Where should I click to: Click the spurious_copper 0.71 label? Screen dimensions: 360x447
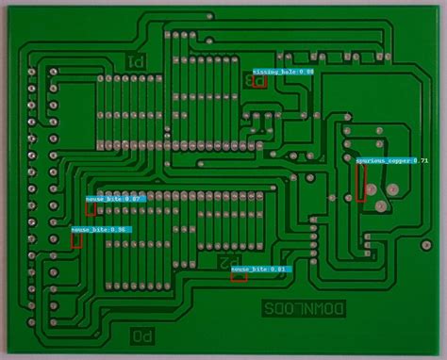(x=392, y=161)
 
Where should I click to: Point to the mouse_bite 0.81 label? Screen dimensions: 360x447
(x=261, y=269)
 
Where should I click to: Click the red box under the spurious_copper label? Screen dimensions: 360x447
(x=361, y=183)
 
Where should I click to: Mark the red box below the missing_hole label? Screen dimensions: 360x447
(x=260, y=81)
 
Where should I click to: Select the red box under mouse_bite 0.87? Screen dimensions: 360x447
(x=91, y=209)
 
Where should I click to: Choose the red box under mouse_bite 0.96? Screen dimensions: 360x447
(x=76, y=240)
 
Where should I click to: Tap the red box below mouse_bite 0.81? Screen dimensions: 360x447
(x=239, y=277)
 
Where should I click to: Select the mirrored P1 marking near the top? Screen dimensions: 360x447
(x=136, y=62)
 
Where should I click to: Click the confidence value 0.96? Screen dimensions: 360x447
(x=120, y=229)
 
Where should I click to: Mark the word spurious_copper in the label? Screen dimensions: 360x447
(x=383, y=161)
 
